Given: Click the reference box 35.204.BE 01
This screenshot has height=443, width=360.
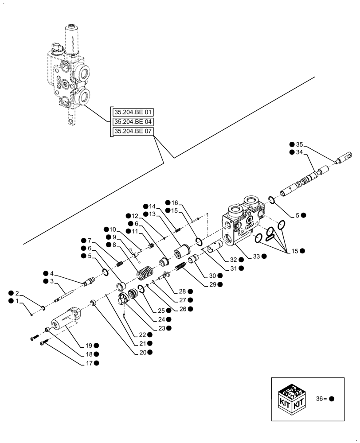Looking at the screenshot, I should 133,112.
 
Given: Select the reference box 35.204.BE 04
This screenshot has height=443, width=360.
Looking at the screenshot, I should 133,121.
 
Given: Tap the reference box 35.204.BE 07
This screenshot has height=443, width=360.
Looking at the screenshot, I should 133,132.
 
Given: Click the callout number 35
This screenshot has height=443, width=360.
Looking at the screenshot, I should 299,144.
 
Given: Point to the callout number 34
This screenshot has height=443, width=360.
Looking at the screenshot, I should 299,152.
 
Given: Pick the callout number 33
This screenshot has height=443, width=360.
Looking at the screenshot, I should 256,256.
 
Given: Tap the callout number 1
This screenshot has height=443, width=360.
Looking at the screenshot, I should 17,301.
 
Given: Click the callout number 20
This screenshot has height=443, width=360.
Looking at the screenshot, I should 142,352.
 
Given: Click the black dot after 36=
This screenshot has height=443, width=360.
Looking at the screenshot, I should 332,399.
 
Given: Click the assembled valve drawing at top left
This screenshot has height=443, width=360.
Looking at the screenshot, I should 69,73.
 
